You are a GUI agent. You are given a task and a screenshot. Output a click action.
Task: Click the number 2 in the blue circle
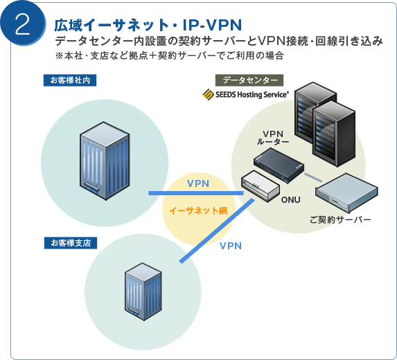pyautogui.click(x=23, y=24)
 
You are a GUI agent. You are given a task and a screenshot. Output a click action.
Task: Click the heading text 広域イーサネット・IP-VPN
pyautogui.click(x=148, y=25)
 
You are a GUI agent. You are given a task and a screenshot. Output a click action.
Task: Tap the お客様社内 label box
pyautogui.click(x=70, y=80)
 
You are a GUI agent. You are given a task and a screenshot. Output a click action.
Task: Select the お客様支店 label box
pyautogui.click(x=71, y=243)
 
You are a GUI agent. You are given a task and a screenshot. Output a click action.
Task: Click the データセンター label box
pyautogui.click(x=249, y=80)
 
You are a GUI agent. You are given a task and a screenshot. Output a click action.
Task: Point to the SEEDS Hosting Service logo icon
pyautogui.click(x=208, y=94)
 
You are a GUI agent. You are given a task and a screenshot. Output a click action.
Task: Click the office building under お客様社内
pyautogui.click(x=105, y=161)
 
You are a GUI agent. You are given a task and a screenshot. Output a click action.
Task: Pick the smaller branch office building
pyautogui.click(x=143, y=291)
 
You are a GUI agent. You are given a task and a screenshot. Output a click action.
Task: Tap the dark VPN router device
pyautogui.click(x=279, y=165)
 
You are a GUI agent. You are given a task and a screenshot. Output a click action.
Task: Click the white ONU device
pyautogui.click(x=261, y=186)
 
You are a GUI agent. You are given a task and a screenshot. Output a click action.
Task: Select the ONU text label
pyautogui.click(x=291, y=200)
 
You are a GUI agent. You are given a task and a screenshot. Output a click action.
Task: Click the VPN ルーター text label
pyautogui.click(x=273, y=138)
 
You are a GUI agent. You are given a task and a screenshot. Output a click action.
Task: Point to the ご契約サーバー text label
pyautogui.click(x=340, y=219)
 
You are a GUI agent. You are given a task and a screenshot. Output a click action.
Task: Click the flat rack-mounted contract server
pyautogui.click(x=346, y=192)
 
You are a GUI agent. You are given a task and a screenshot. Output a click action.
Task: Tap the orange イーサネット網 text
pyautogui.click(x=198, y=210)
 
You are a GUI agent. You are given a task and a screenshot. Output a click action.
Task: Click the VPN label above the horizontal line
pyautogui.click(x=198, y=183)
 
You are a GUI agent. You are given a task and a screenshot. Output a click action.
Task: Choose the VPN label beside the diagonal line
pyautogui.click(x=231, y=246)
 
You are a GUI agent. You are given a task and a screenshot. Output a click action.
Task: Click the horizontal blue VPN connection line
pyautogui.click(x=196, y=193)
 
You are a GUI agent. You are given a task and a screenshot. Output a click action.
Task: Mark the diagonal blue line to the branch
pyautogui.click(x=217, y=231)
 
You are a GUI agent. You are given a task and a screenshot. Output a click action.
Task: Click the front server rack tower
pyautogui.click(x=334, y=134)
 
